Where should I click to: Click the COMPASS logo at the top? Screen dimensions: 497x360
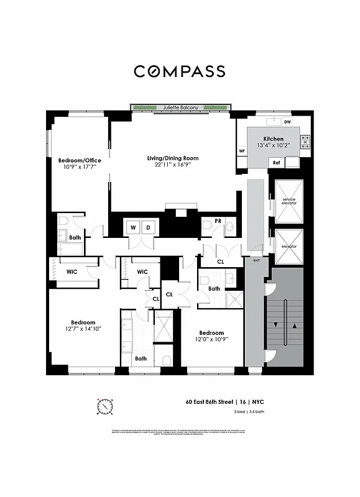[180, 71]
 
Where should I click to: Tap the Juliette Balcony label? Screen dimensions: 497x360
[180, 107]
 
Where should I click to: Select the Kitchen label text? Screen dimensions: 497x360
[274, 139]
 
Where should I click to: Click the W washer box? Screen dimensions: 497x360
[132, 227]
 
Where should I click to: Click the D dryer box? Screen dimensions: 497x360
[148, 227]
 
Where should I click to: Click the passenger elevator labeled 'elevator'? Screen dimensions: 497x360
[288, 247]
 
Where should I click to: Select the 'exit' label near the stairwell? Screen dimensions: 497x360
[256, 260]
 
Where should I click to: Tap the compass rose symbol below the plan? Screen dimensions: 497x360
[105, 406]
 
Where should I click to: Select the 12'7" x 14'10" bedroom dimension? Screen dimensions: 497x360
[83, 329]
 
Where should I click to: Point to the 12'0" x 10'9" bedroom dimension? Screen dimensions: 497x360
[211, 339]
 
